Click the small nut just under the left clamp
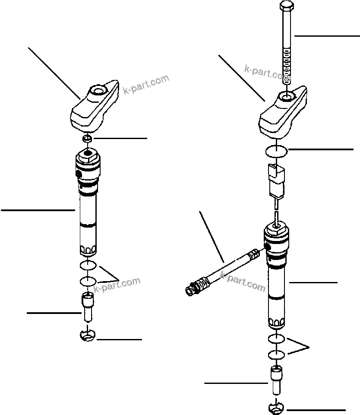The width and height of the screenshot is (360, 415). click(x=88, y=138)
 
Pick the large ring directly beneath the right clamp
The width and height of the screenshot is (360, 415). click(x=275, y=152)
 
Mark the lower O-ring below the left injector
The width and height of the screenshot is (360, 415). click(x=88, y=281)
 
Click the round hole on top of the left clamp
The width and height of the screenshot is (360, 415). click(x=96, y=91)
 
